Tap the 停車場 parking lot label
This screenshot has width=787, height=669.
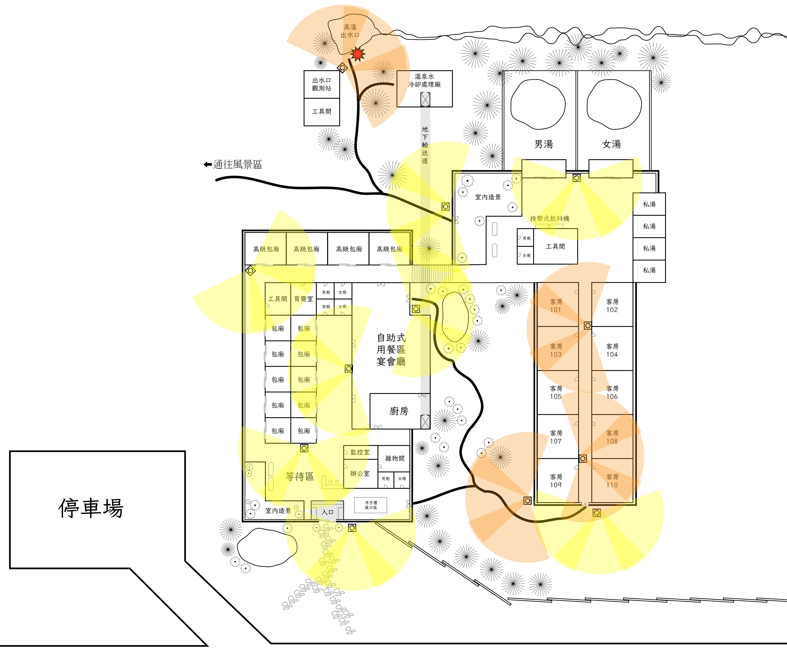[91, 508]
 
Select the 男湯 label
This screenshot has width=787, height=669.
[544, 144]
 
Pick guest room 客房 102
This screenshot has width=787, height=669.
[612, 305]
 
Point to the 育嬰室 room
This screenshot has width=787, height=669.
[303, 299]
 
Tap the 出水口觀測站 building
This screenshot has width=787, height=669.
[322, 84]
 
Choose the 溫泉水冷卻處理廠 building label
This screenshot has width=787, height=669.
[424, 80]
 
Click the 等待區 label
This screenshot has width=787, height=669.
[300, 476]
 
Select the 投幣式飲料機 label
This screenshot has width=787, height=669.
[550, 218]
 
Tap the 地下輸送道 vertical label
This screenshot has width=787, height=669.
[425, 145]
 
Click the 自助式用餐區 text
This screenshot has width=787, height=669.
[391, 337]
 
